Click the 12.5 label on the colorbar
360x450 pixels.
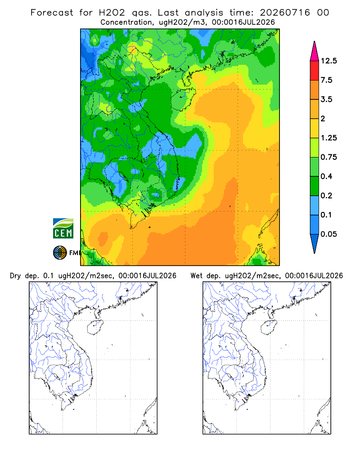(x=328, y=61)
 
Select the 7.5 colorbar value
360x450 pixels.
(x=326, y=80)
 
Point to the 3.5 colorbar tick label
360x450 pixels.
(x=326, y=99)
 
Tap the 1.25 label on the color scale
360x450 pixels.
(x=328, y=138)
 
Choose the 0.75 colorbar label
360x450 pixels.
(x=328, y=157)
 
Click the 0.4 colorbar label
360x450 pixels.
(x=326, y=176)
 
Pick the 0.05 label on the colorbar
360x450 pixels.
(x=328, y=234)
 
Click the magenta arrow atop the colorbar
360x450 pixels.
(x=315, y=52)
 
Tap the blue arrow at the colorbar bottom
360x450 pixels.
(x=315, y=243)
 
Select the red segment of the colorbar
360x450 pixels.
(x=315, y=71)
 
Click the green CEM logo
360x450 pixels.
(x=63, y=228)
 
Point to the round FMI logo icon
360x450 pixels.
(x=60, y=253)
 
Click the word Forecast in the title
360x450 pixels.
(x=52, y=13)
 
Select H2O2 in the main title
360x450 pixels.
(x=112, y=13)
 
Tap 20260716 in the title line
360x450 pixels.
(x=285, y=13)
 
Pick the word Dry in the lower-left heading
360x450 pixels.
(x=15, y=276)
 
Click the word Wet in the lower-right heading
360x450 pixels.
(x=197, y=276)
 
